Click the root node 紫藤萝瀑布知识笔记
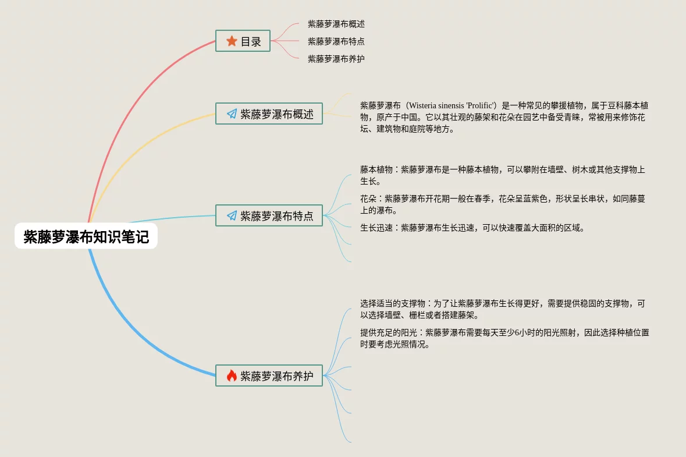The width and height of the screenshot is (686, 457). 86,236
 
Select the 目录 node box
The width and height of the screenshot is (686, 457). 243,41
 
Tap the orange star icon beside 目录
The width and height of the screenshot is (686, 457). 232,41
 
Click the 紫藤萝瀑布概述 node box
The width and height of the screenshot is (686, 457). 269,114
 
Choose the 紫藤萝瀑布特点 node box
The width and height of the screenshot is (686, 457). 269,215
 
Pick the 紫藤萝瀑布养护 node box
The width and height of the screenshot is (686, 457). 269,375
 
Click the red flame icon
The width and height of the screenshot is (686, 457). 232,375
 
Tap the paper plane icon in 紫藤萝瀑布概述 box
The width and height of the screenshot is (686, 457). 232,114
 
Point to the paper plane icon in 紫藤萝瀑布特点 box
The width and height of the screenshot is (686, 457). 232,216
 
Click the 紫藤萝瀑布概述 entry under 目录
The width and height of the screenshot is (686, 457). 336,24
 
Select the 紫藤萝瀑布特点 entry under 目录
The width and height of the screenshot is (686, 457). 336,41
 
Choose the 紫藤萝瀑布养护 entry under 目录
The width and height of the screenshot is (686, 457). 336,59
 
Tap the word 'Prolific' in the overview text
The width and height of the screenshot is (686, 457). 481,105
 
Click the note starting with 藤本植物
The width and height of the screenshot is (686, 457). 502,175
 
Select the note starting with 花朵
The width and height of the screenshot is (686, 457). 502,204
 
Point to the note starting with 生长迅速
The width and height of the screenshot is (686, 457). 472,228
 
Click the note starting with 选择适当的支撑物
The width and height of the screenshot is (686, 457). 502,309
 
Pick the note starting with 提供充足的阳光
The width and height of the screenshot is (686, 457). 504,338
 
